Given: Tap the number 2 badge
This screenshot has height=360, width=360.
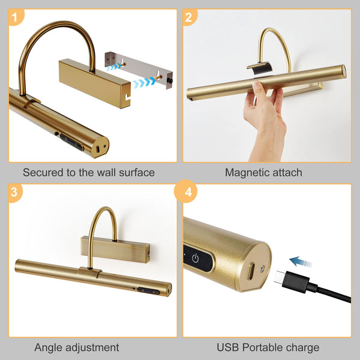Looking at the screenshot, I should [188, 17].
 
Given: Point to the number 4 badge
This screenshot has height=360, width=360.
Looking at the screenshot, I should [188, 193].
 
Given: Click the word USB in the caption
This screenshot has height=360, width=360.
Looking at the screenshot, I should [228, 347].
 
